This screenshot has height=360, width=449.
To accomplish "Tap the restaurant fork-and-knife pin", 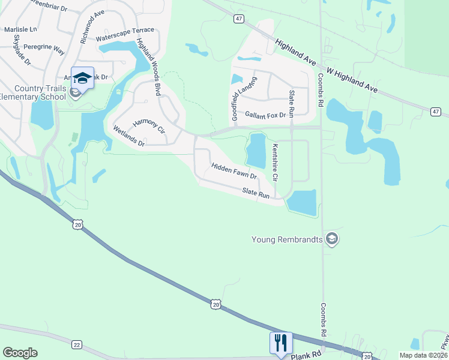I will pos(281,343).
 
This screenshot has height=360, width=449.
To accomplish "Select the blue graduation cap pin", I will pos(82,77).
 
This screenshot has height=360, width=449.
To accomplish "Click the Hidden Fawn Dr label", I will pos(234,171).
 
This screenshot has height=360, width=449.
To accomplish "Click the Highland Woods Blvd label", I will pos(149,67).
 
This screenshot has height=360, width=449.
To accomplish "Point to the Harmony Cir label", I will pos(148,126).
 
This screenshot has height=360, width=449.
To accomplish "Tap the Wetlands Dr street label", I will pos(129,136).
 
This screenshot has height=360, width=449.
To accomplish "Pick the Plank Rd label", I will pos(303,356).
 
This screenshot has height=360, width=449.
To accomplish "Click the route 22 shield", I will pos(76,344).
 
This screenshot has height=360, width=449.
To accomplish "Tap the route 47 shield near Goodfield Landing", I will pos(240,19).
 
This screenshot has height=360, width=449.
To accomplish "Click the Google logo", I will pos(20,353).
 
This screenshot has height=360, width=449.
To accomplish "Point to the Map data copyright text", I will pos(423,355).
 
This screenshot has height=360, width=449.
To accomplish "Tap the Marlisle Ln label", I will pos(20,29).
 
